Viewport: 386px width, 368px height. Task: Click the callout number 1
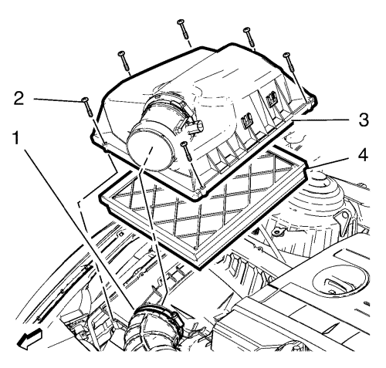click(x=16, y=137)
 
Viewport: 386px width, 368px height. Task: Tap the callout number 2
click(x=19, y=99)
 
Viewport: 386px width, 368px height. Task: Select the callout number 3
click(x=364, y=120)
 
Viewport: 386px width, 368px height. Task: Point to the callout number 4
click(x=363, y=155)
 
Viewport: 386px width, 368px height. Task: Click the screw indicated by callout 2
click(x=86, y=106)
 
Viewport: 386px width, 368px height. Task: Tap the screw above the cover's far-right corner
click(x=288, y=62)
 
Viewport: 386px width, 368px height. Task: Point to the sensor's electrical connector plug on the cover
click(x=196, y=128)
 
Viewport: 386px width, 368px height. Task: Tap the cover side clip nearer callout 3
click(x=271, y=99)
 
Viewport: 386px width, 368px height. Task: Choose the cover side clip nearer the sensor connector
click(x=245, y=121)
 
